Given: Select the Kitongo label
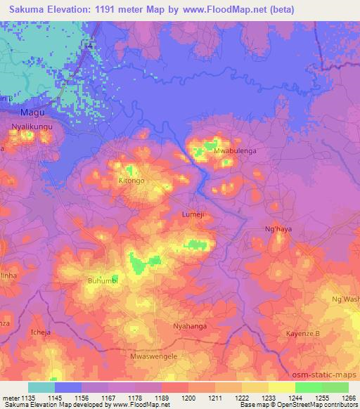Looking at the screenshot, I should [131, 181].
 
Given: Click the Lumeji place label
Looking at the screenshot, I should [193, 214].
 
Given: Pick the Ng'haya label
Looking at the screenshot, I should [278, 228].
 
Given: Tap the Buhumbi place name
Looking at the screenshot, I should [103, 281].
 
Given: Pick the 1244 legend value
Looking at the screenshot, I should [295, 398].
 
